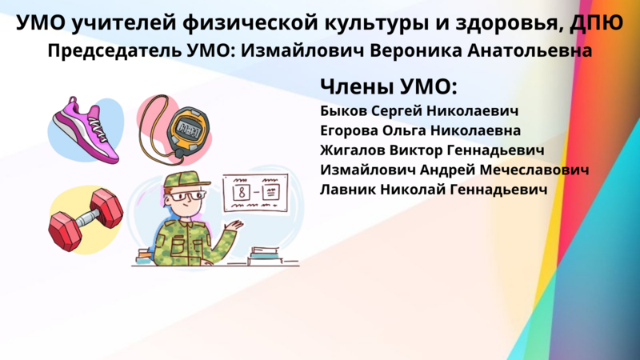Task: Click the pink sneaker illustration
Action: tap(86, 130)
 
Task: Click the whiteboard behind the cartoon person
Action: tap(255, 192)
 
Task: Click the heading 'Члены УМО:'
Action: tap(389, 86)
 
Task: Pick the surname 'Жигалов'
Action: tap(352, 150)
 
